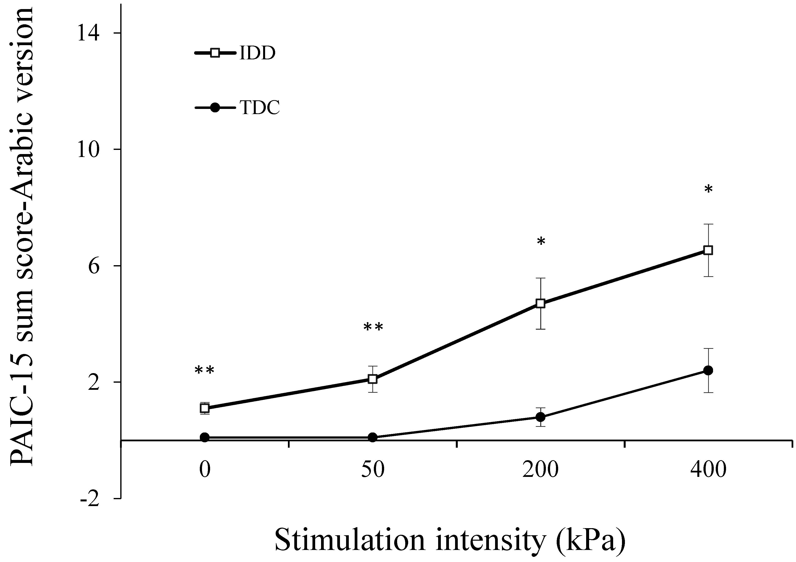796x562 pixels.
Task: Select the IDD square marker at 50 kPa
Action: point(373,379)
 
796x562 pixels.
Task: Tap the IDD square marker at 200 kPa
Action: point(540,303)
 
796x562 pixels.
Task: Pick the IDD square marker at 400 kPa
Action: point(708,250)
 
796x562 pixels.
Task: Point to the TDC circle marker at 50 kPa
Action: point(373,437)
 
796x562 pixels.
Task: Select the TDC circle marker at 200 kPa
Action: point(540,417)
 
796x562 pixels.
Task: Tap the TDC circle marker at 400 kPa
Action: point(708,370)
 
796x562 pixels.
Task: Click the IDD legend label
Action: point(257,53)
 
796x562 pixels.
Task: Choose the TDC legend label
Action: point(259,108)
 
